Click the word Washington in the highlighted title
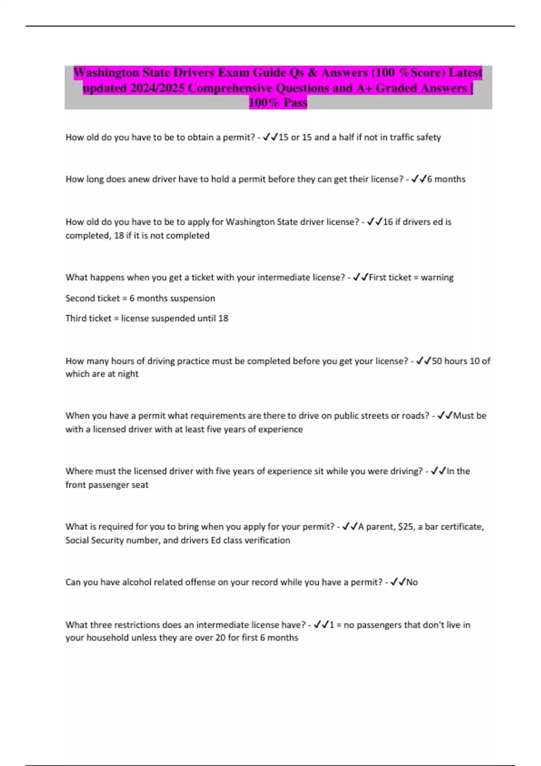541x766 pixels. [x=106, y=73]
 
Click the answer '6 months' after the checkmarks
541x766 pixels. [x=446, y=179]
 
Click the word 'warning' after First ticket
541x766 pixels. [x=437, y=277]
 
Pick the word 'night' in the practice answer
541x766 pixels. [x=128, y=374]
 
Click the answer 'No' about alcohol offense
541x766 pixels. [x=412, y=582]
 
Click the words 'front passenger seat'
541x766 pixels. [x=107, y=484]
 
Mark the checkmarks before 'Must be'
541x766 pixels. [x=445, y=415]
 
